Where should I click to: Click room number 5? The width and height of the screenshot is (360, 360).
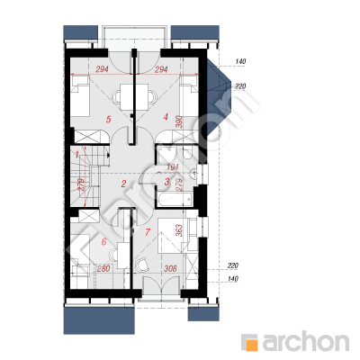109,120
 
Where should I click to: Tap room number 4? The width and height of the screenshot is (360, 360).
166,117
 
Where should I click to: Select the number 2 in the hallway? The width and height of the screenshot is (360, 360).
123,184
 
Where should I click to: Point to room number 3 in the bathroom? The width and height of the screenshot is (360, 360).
167,181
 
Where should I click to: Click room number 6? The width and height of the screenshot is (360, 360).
104,241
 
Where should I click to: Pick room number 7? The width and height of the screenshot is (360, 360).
147,232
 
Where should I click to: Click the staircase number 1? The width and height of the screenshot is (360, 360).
77,155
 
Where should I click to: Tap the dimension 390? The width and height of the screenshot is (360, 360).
179,121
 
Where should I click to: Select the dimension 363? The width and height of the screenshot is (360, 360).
178,230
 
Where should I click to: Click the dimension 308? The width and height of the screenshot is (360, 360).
170,268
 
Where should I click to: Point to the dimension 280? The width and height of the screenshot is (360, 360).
103,268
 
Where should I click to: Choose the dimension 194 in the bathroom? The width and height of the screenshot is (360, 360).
172,167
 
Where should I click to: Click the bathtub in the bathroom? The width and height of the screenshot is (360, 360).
175,200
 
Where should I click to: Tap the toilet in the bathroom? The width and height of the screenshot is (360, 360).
188,152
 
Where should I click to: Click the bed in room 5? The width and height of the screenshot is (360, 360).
80,96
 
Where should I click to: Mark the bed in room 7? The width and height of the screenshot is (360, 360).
170,236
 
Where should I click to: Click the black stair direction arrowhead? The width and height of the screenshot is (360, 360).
108,155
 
